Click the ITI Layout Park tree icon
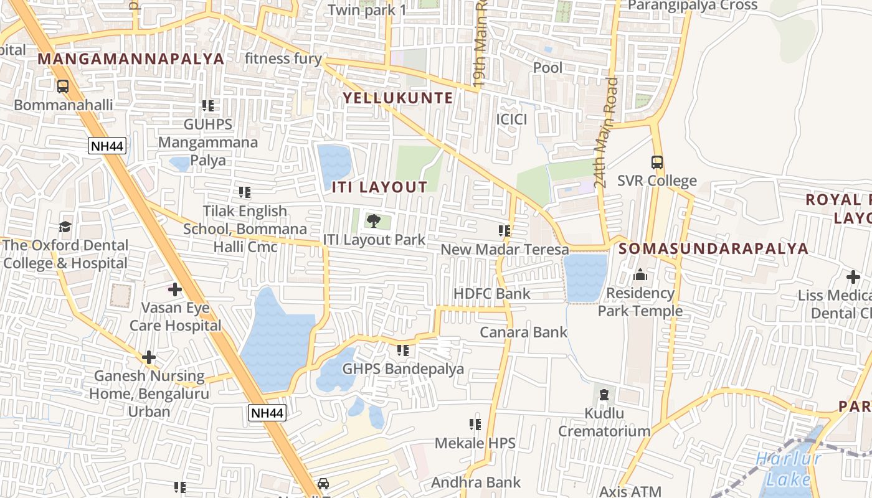click(x=373, y=220)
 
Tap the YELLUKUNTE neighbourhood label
click(x=398, y=98)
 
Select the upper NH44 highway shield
click(x=107, y=146)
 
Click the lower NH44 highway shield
click(x=267, y=412)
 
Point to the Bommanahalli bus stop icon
click(x=63, y=87)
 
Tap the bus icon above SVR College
click(x=657, y=162)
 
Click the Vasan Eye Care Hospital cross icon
click(x=175, y=289)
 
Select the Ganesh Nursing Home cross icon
click(x=148, y=357)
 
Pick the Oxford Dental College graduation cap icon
click(x=65, y=227)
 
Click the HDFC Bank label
click(x=492, y=294)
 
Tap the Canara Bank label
click(x=523, y=332)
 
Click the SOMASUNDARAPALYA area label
click(x=713, y=249)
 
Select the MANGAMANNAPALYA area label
click(x=131, y=59)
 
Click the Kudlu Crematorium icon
click(x=603, y=394)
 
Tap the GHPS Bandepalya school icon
click(x=403, y=350)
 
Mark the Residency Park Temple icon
click(x=640, y=275)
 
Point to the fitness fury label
click(x=283, y=59)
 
